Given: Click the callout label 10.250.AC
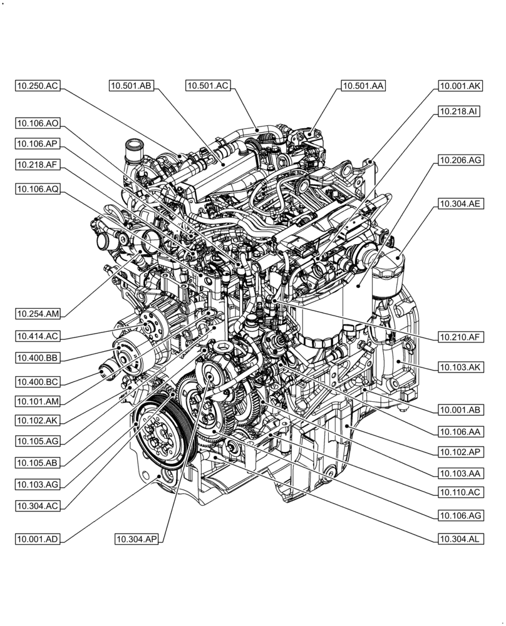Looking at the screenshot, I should coord(38,86).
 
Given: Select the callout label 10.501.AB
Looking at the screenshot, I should coord(131,86).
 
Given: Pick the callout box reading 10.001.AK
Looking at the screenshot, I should coord(460,86).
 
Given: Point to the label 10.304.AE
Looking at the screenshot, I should coord(460,203).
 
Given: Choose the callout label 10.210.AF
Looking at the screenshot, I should coord(460,337).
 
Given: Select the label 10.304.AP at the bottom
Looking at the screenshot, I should coord(136,539).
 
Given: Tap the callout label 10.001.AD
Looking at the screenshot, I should coord(38,539).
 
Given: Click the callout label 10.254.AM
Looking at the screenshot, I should coord(38,314).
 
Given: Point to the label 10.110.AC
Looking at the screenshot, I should coord(460,493).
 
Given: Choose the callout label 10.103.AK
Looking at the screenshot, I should coord(460,367).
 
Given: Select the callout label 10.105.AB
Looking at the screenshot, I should coord(38,463).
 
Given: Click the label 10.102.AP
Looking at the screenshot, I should coord(460,451).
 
